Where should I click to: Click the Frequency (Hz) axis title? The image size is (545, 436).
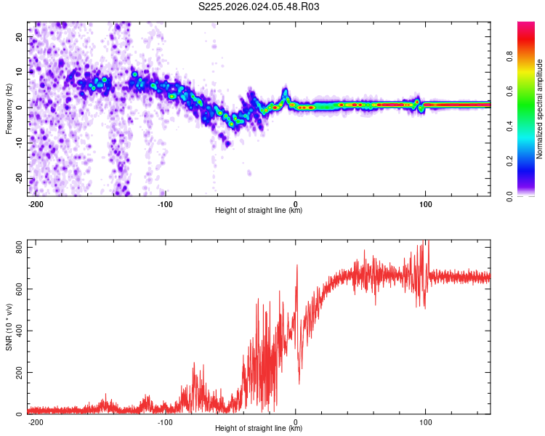click(x=9, y=109)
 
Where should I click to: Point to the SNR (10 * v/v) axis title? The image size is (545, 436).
click(x=9, y=326)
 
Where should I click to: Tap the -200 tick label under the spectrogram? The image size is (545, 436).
click(x=36, y=203)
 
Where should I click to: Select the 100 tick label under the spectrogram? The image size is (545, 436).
click(x=425, y=203)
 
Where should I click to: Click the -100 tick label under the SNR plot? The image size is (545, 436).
click(x=165, y=421)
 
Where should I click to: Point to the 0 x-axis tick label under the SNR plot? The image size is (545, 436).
click(x=295, y=421)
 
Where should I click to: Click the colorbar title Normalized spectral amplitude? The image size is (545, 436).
click(x=540, y=109)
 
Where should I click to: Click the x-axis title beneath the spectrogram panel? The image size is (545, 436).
click(x=259, y=211)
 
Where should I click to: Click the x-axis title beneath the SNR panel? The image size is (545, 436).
click(x=259, y=429)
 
